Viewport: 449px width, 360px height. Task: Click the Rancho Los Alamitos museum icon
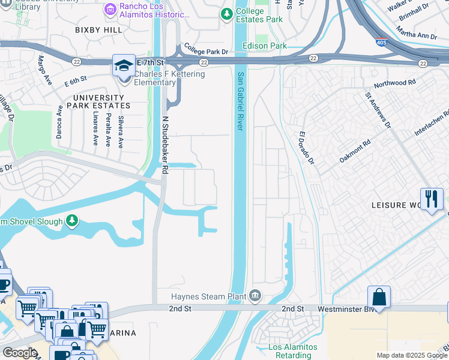tap(110, 9)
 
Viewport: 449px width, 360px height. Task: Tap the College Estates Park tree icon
tap(226, 14)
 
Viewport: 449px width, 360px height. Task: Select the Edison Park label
tap(264, 46)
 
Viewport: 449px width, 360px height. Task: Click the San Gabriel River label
tap(240, 101)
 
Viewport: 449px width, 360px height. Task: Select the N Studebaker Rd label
tap(164, 145)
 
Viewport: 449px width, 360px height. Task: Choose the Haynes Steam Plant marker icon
tap(255, 296)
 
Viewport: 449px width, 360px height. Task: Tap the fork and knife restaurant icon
tap(432, 199)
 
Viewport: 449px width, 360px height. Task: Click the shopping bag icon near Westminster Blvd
tap(379, 297)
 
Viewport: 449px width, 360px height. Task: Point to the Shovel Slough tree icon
tap(72, 221)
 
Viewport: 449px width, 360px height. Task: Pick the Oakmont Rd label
tap(355, 151)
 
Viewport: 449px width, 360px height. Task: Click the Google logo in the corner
tap(20, 353)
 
